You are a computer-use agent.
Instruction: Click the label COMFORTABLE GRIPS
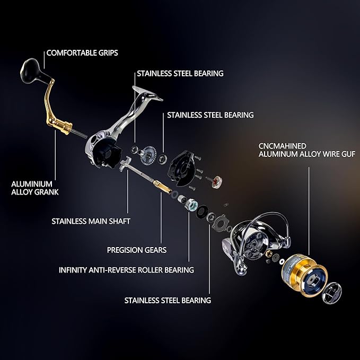(x=82, y=53)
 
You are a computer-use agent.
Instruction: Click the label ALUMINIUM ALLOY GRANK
(x=35, y=188)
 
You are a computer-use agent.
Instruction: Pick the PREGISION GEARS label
(x=137, y=250)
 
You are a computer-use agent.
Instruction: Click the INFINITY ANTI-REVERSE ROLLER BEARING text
(x=126, y=270)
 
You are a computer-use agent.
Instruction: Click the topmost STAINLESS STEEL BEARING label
(x=180, y=74)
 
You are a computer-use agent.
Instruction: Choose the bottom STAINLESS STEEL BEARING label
(x=168, y=300)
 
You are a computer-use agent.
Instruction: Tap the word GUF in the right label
(x=347, y=154)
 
